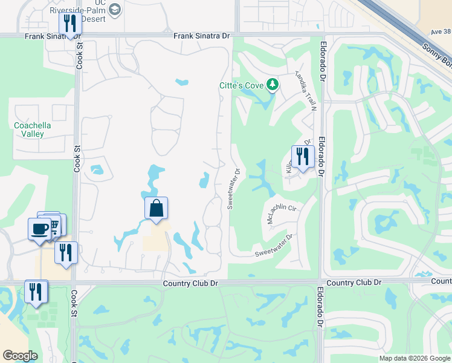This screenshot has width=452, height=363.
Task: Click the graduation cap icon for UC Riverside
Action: tap(116, 9)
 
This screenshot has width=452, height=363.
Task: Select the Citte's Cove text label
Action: tap(241, 85)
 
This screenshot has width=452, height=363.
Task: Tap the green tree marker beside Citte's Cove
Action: tap(273, 84)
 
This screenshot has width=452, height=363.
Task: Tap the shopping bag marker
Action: tap(156, 209)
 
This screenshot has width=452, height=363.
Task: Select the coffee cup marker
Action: tap(39, 229)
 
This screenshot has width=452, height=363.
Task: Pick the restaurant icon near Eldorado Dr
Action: tap(303, 156)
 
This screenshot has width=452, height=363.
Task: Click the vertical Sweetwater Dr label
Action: tap(234, 189)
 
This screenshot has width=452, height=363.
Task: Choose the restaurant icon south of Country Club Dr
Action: tap(36, 292)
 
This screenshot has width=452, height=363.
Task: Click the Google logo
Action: tap(20, 356)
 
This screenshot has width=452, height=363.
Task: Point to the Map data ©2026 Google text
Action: tap(414, 358)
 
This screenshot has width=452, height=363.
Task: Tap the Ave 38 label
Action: tap(441, 32)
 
